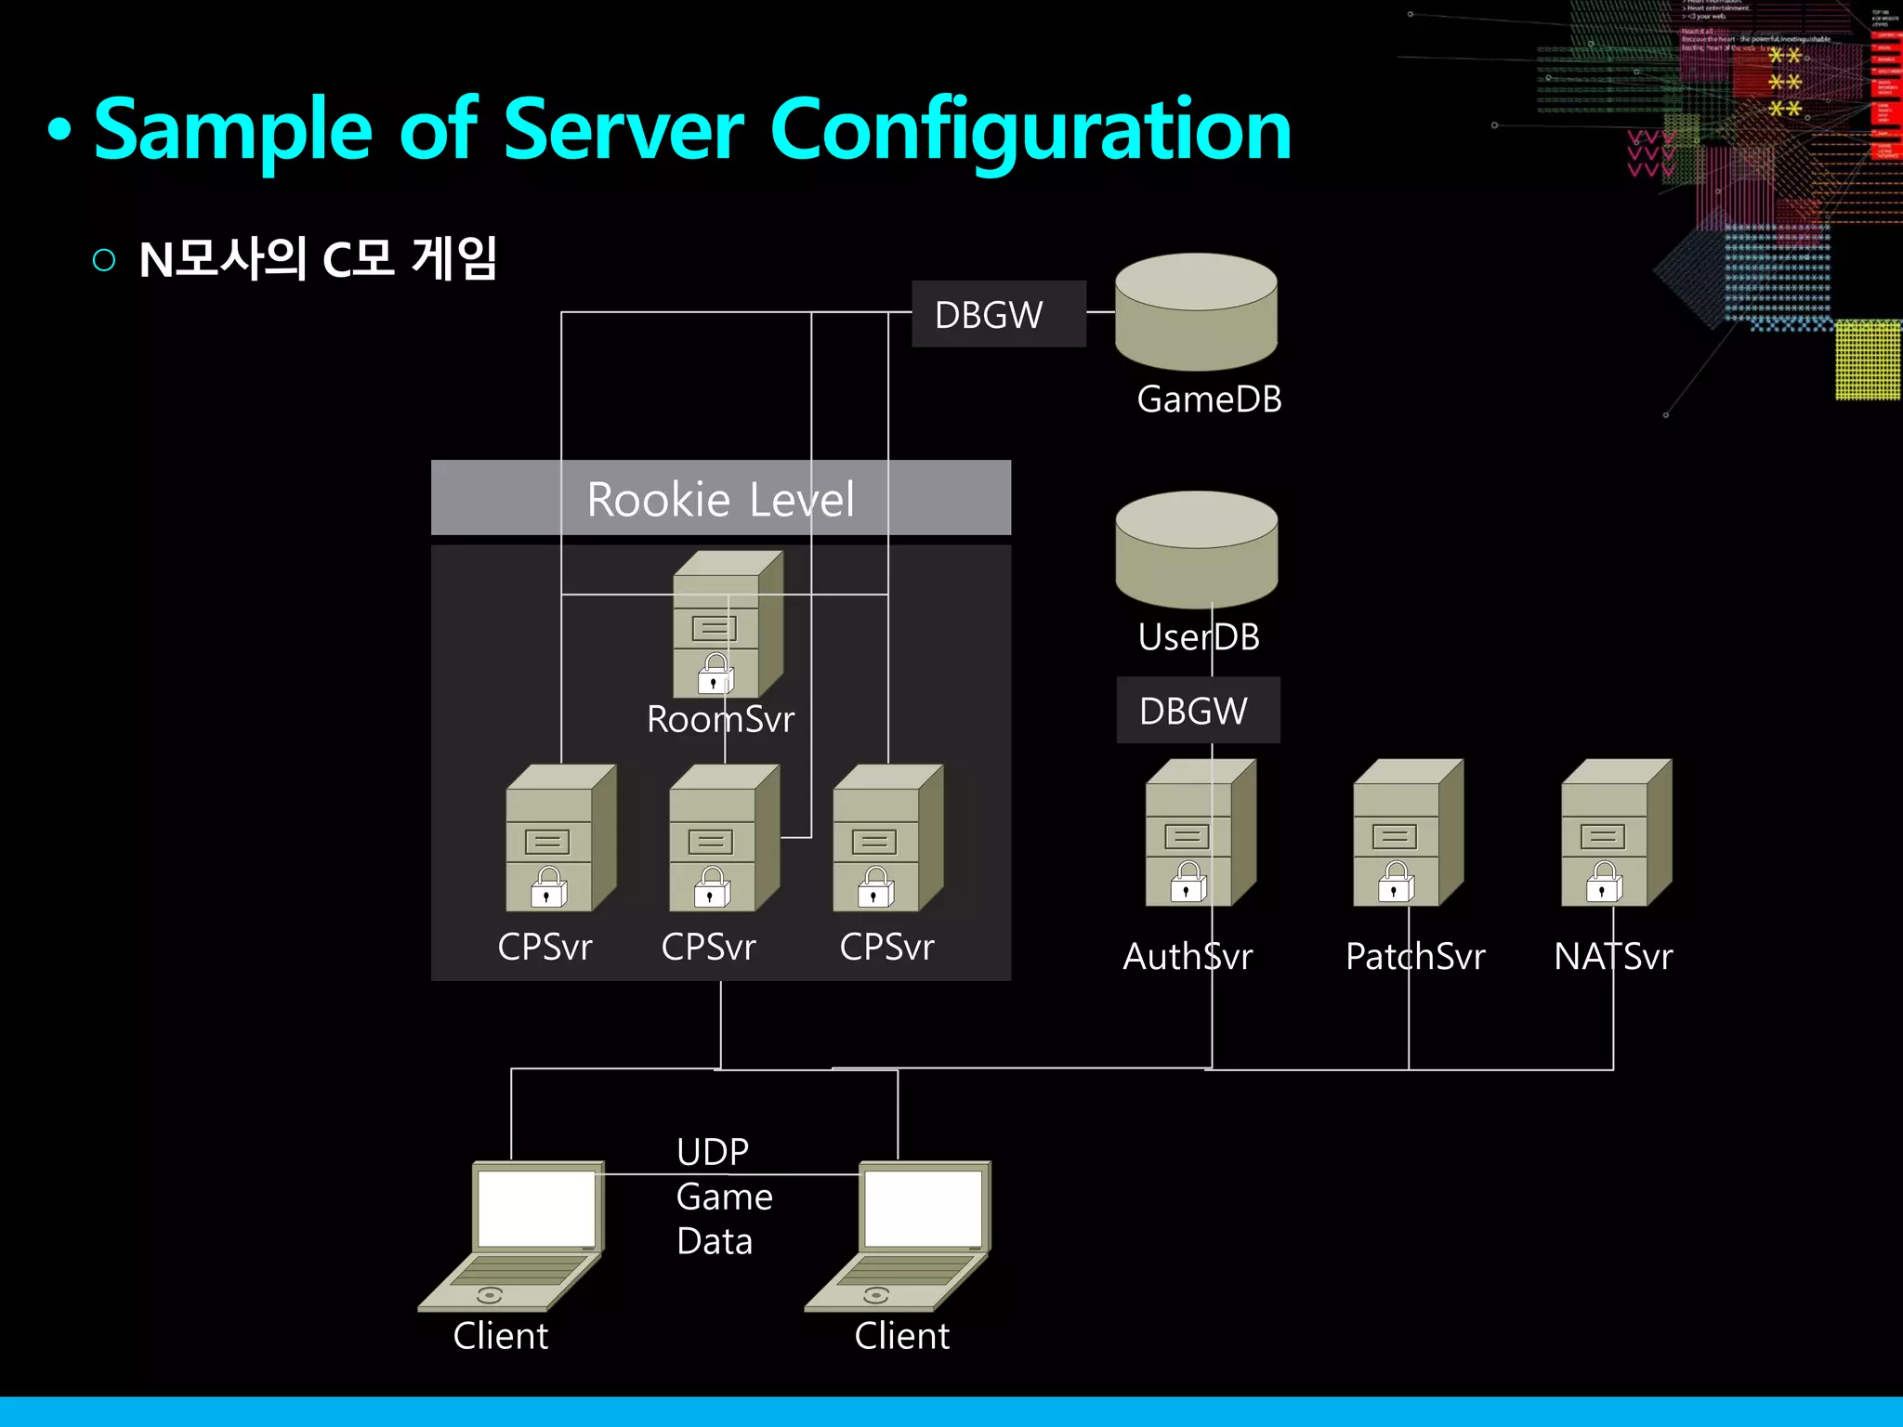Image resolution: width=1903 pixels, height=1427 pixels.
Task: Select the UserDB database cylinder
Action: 1197,550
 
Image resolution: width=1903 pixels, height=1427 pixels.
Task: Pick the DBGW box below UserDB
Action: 1197,711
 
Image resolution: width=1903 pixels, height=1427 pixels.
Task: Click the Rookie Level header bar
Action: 721,498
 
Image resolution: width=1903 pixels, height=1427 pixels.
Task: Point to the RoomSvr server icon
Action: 728,624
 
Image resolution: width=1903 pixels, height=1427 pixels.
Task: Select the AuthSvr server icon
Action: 1200,833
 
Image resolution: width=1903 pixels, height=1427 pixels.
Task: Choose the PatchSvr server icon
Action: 1408,833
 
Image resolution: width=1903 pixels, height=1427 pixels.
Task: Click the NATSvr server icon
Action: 1616,833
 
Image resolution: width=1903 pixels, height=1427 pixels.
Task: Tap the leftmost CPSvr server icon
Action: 560,838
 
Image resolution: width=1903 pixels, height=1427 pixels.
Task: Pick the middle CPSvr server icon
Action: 724,838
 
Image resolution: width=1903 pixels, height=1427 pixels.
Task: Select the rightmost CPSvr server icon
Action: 887,838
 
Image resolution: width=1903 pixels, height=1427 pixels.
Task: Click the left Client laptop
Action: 512,1236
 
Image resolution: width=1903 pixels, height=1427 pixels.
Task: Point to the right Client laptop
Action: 899,1236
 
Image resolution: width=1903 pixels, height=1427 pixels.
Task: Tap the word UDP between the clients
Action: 713,1152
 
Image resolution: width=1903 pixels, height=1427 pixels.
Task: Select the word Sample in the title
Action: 233,130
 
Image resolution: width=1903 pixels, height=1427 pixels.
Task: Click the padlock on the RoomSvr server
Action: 715,674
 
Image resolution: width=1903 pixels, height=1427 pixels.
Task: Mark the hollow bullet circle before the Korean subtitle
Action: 104,259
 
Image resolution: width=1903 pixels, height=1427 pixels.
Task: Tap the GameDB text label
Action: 1209,399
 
